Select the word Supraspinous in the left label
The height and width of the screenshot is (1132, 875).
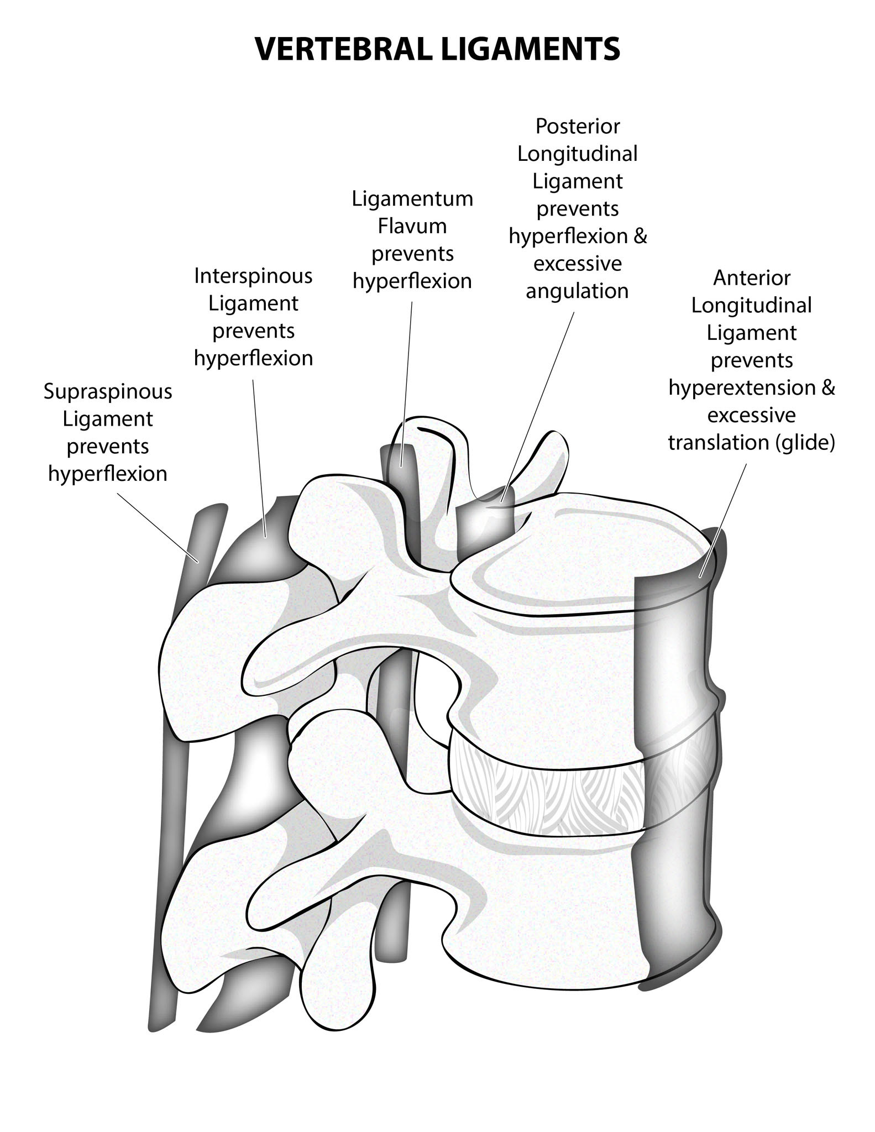tap(108, 392)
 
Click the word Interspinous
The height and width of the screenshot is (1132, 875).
tap(253, 276)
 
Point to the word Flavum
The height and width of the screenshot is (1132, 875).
tap(412, 226)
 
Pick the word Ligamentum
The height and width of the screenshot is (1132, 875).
tap(412, 198)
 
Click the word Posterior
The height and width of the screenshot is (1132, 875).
tap(578, 127)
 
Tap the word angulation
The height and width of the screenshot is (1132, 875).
tap(577, 291)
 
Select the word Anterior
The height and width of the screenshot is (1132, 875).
tap(752, 277)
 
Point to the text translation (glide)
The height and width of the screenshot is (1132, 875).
tap(751, 443)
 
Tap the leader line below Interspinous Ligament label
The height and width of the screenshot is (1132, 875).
tap(259, 453)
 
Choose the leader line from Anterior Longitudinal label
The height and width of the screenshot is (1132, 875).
tap(724, 520)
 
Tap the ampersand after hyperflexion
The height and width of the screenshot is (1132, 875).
tap(640, 237)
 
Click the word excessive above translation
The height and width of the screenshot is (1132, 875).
tap(751, 415)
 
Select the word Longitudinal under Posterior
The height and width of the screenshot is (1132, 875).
tap(578, 154)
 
